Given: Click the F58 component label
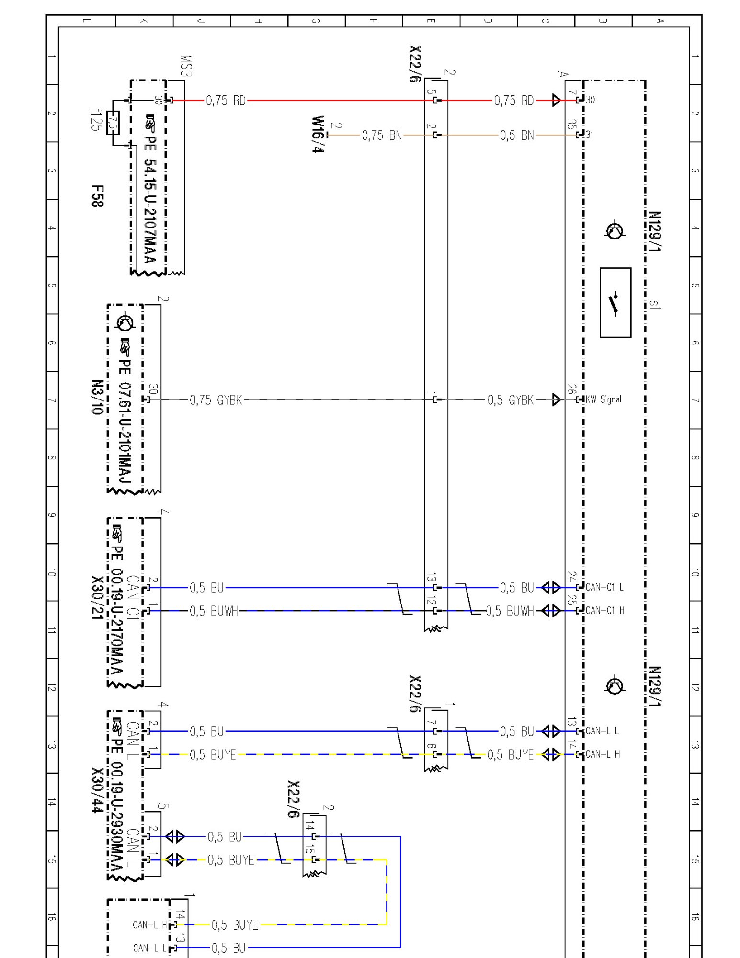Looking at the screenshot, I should click(97, 196).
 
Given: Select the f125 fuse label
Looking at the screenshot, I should click(97, 120).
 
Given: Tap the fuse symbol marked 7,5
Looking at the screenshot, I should click(113, 123).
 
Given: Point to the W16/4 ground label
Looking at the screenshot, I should click(318, 134).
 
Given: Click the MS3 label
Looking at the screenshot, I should click(186, 66).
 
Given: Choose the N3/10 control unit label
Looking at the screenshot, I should click(97, 397).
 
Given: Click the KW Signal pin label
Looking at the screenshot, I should click(603, 399).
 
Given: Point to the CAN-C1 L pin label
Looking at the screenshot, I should click(604, 587).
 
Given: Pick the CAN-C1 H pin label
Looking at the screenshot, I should click(605, 611).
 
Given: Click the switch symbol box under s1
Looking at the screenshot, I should click(615, 303).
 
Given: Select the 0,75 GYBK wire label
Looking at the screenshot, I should click(216, 400).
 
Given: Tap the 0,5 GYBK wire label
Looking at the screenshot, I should click(510, 400).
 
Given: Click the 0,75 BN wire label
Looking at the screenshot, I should click(382, 136).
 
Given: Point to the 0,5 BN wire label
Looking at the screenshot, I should click(517, 136).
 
